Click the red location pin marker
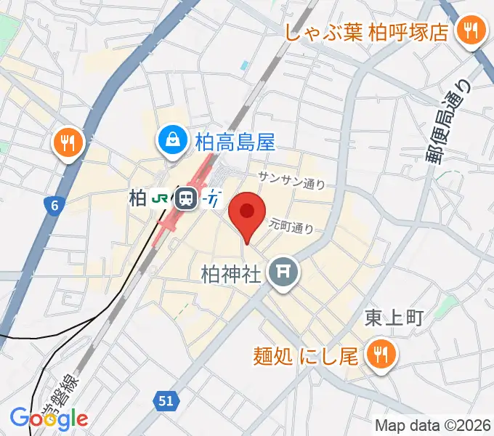[247, 213]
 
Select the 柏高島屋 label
[235, 140]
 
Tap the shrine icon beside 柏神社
[281, 273]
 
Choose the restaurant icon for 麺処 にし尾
[379, 355]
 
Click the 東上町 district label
[392, 318]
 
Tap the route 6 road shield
[54, 206]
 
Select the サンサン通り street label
[291, 182]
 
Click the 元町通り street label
[291, 225]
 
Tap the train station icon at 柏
[187, 198]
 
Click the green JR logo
[161, 198]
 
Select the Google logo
[49, 418]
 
